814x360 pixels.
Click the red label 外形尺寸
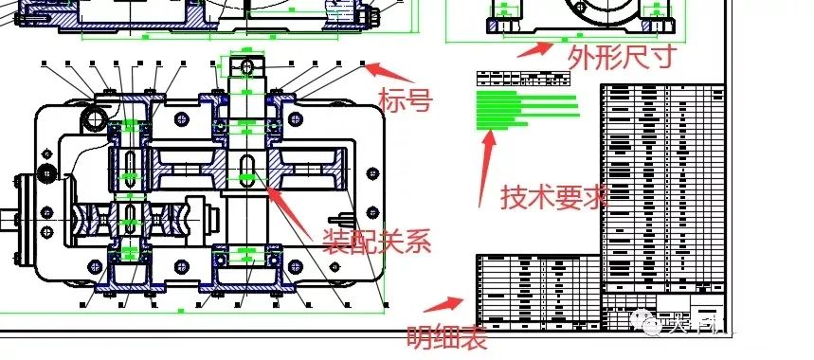pos(622,58)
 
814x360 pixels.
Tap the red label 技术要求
pos(554,197)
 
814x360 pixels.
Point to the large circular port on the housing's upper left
pos(95,117)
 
